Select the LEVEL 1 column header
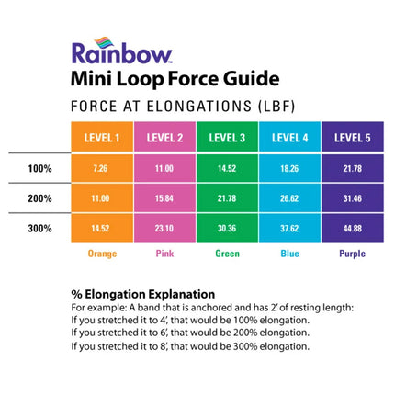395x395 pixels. point(101,138)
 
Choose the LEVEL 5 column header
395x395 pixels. point(352,138)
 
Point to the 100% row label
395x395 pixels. point(40,169)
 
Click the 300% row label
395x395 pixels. point(40,227)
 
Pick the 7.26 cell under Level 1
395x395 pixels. point(101,169)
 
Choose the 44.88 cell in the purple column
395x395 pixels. point(352,227)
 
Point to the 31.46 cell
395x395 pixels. point(352,198)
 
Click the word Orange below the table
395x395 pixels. point(101,254)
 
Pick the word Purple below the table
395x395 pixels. point(352,254)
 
